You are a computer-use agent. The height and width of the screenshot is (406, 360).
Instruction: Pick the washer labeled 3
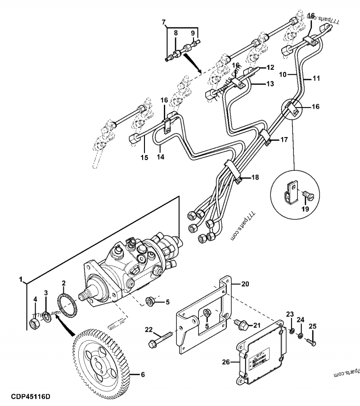coord(46,318)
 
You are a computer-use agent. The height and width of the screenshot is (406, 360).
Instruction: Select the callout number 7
coord(164,22)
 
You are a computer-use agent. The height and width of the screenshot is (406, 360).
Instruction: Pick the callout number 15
coord(144,157)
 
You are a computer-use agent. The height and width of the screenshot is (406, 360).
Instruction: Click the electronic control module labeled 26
coord(261,360)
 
